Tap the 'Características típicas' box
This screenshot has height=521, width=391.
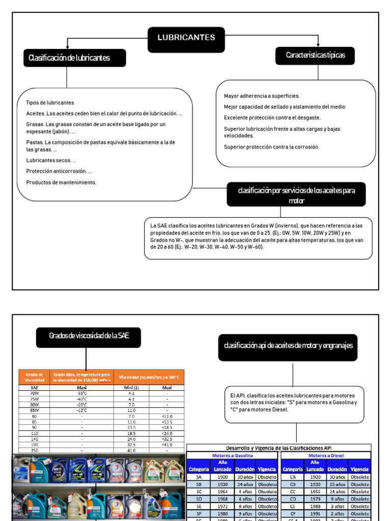[x=315, y=56]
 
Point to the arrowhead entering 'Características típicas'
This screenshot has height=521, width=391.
[x=318, y=45]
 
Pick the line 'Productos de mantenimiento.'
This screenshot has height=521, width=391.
[x=61, y=182]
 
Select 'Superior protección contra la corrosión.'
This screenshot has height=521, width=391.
[x=271, y=147]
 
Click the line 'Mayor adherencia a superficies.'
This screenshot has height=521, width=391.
[x=262, y=96]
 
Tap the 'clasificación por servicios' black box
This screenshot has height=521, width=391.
[x=296, y=194]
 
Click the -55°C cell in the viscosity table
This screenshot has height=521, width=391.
[x=81, y=393]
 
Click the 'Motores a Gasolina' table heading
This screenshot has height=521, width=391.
[x=232, y=455]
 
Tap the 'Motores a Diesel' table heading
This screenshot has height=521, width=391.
[x=326, y=455]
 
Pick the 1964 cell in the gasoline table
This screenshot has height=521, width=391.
[x=222, y=492]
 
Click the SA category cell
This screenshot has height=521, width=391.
[x=199, y=477]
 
